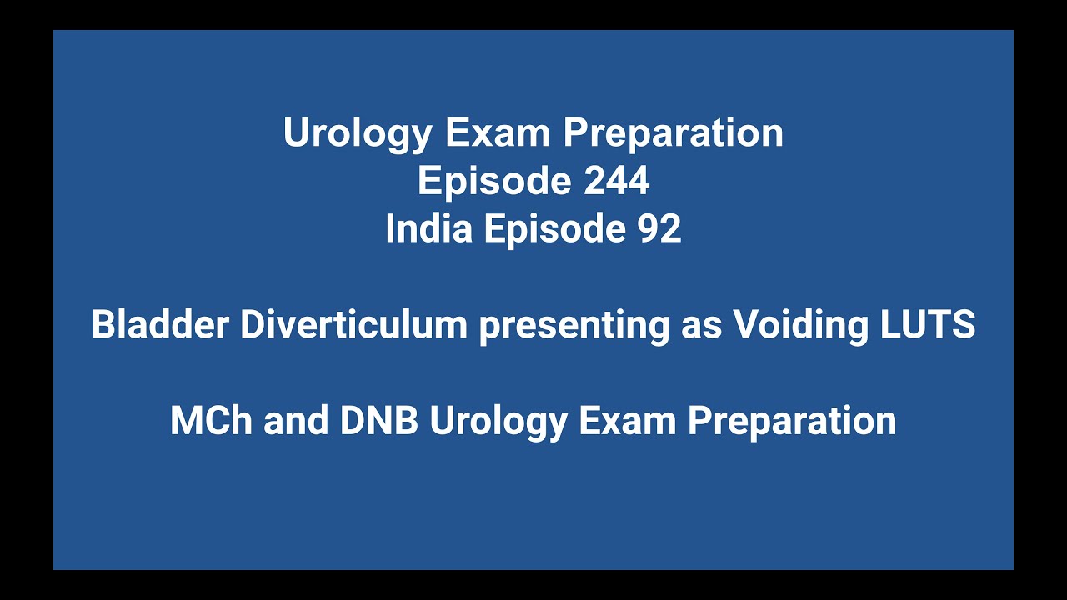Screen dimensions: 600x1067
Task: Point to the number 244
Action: [616, 181]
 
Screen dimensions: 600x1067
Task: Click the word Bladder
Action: [159, 325]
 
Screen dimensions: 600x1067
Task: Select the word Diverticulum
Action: [353, 325]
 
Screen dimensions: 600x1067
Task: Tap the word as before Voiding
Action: [701, 325]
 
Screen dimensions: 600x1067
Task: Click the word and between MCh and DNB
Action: [296, 421]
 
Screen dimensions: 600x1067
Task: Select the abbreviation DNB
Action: [378, 421]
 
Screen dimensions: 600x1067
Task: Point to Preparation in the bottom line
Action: [792, 421]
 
